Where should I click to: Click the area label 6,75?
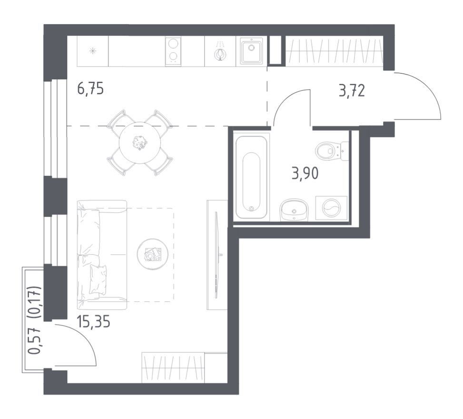click(90, 89)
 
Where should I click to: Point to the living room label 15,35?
click(93, 321)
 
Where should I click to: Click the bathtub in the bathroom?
click(251, 176)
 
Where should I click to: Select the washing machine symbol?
click(331, 208)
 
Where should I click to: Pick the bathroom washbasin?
click(294, 209)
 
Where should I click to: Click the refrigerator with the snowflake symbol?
click(93, 51)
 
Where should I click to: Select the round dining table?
click(140, 142)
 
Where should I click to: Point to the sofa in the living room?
click(102, 254)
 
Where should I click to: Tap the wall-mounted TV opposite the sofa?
click(217, 254)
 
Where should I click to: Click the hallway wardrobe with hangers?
click(334, 51)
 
